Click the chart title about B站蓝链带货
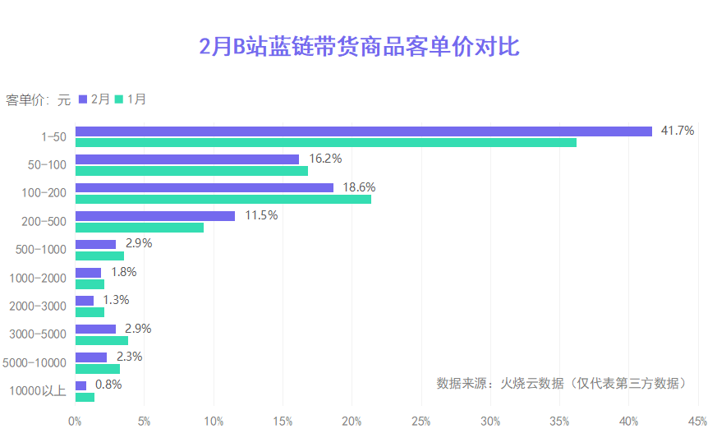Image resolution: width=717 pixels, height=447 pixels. coord(359,47)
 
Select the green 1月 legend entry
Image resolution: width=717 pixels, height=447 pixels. coord(131,99)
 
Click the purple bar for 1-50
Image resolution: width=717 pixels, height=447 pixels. coord(363,131)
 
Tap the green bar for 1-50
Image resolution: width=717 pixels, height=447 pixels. coord(325,143)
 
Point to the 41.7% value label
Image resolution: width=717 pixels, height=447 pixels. coord(678,131)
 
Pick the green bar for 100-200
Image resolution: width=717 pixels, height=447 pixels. coord(223,200)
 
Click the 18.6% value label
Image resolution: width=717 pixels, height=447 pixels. coord(359,187)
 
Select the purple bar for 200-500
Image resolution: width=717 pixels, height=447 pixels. coord(154,216)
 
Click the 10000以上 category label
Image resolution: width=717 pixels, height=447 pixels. coord(37,391)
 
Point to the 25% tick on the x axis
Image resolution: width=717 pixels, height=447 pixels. coord(421,422)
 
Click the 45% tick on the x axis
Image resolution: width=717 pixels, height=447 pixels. coord(697,422)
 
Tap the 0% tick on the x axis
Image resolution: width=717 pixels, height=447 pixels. coord(75,422)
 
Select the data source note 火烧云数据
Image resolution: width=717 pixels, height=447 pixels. coord(561,383)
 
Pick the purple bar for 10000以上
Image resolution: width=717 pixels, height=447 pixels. coord(80,385)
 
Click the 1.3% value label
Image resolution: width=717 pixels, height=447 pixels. coord(116,300)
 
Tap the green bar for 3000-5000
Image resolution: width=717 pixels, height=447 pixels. coord(101,340)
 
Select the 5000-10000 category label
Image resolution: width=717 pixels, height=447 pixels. coord(34,362)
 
